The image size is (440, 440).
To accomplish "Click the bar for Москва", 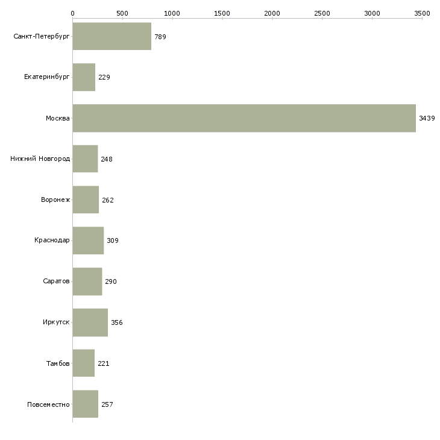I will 244,118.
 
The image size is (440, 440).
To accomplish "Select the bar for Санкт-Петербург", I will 112,37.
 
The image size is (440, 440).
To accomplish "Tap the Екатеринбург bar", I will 84,77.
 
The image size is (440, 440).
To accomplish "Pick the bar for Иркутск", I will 90,322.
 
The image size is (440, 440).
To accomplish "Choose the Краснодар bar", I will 88,240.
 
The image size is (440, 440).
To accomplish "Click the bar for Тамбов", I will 83,363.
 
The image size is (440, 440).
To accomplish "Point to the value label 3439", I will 427,118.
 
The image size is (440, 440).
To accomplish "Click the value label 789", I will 160,37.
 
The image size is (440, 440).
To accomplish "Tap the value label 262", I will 107,200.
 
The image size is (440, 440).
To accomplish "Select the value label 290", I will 110,281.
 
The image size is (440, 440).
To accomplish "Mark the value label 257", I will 107,404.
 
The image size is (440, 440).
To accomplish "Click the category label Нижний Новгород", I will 40,159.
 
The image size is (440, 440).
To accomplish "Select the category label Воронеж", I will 55,200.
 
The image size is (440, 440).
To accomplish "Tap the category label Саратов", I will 56,281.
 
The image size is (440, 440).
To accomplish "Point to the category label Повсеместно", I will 48,404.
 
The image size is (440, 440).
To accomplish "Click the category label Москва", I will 58,118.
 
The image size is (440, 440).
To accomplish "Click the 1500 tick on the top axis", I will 222,13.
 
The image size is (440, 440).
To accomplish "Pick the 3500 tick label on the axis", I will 422,13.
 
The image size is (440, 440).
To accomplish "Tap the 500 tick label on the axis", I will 122,13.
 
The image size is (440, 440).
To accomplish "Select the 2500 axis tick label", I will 322,13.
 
